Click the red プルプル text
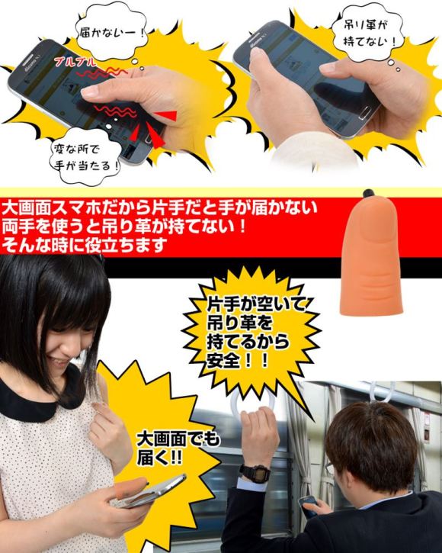[75, 62]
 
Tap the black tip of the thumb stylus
[368, 193]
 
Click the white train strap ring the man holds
[252, 403]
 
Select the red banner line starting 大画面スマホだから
[159, 207]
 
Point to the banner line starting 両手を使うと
[123, 226]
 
